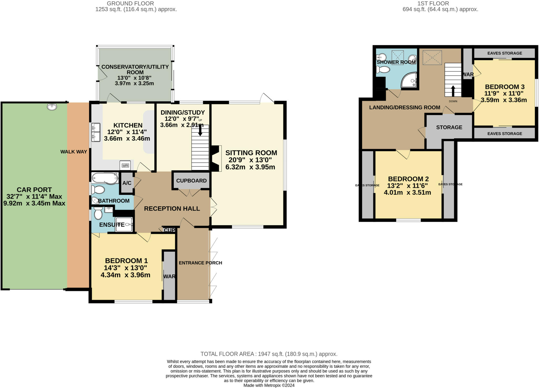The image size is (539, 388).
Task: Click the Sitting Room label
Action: (x=251, y=153)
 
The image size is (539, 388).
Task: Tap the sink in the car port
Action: (x=52, y=106)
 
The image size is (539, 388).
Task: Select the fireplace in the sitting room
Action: (x=215, y=159)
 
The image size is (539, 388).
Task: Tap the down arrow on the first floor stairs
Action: (x=453, y=91)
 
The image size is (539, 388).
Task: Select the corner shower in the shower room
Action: (x=409, y=80)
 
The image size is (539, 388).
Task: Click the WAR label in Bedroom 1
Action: (x=169, y=276)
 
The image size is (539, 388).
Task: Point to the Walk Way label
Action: (x=73, y=152)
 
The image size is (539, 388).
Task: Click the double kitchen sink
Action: (x=96, y=132)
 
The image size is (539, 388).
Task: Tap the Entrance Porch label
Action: (x=200, y=263)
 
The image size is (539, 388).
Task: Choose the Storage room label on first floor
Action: (x=449, y=127)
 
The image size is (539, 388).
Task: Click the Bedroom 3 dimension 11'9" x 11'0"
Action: (x=504, y=93)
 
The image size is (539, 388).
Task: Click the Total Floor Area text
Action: (x=269, y=354)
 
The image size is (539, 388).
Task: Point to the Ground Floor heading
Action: (x=130, y=3)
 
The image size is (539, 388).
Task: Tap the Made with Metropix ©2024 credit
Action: (x=269, y=385)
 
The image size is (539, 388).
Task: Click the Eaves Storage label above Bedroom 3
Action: (x=505, y=53)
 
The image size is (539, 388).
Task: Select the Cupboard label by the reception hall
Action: (x=191, y=181)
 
